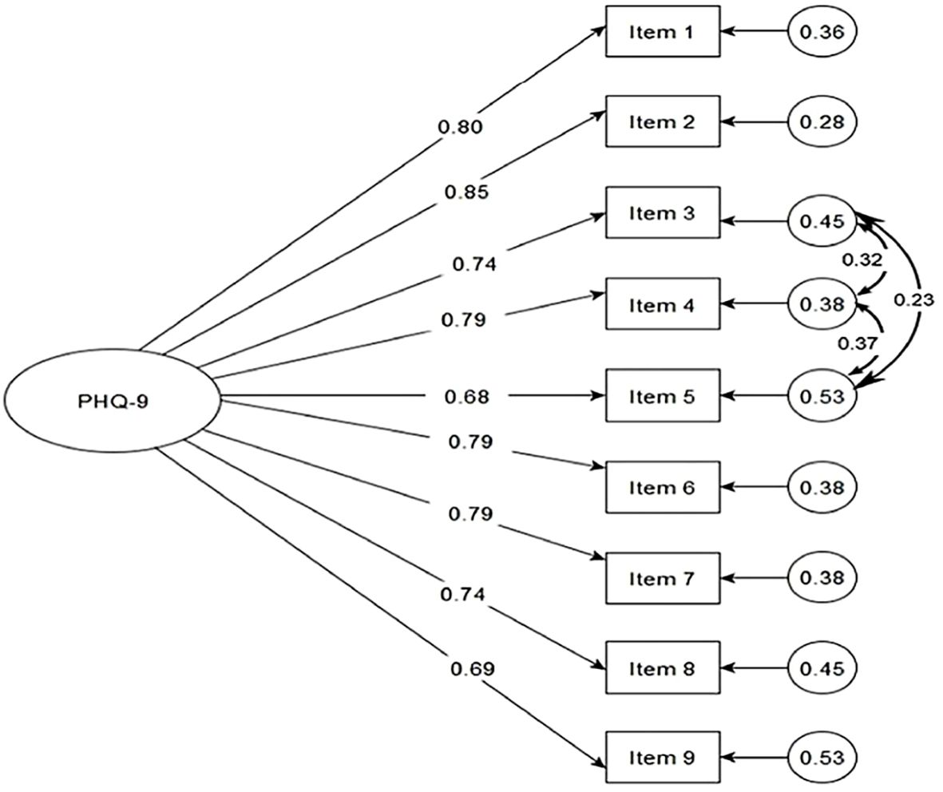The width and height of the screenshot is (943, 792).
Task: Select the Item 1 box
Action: point(662,32)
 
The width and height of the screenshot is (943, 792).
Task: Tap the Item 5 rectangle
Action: point(662,396)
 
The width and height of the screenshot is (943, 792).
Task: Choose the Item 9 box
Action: point(662,757)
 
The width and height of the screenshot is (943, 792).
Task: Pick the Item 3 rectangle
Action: point(662,213)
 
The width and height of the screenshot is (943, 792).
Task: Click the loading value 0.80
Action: point(461,126)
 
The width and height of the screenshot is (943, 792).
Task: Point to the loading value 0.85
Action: point(467,192)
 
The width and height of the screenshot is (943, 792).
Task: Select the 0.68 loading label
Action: point(467,396)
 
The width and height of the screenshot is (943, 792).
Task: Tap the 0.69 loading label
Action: point(472,667)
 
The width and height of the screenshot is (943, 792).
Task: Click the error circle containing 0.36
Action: point(822,32)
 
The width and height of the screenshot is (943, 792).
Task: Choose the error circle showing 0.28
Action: point(822,122)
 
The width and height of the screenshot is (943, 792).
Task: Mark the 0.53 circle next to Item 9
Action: point(822,757)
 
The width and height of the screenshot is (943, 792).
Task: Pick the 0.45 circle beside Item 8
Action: point(822,667)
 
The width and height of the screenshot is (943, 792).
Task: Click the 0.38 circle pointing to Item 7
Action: point(822,577)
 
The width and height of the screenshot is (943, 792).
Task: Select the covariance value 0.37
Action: point(856,343)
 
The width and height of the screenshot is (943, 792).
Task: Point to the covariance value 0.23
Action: point(914,299)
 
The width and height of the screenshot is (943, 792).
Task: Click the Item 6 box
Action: point(662,487)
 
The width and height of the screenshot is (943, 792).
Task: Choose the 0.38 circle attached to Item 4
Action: point(822,304)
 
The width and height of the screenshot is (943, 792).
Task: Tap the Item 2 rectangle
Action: point(662,122)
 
